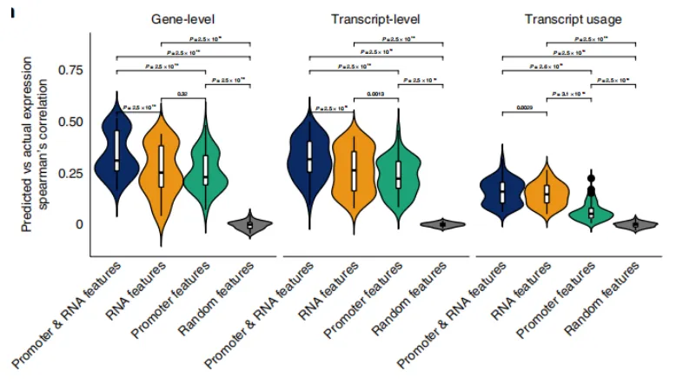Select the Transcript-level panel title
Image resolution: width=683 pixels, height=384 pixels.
tap(375, 18)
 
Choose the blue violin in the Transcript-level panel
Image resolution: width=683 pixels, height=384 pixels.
tap(309, 156)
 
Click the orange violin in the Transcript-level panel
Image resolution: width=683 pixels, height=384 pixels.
tap(354, 169)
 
